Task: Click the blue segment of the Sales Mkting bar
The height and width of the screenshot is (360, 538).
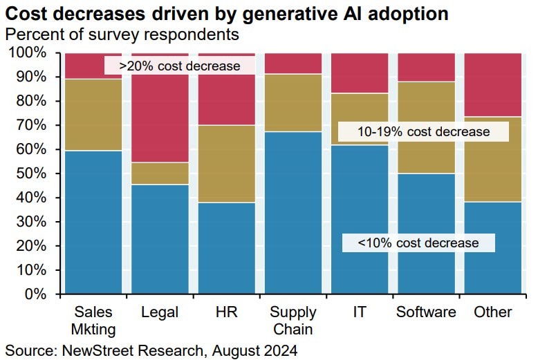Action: coord(93,221)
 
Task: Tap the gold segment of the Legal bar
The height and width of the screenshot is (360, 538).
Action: coord(160,173)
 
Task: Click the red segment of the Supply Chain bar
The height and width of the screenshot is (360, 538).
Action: coord(293,63)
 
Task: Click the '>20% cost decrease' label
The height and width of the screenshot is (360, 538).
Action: coord(179,66)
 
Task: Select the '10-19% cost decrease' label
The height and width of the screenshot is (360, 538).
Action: coord(423,131)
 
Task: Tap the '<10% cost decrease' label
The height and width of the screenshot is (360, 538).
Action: coord(418,243)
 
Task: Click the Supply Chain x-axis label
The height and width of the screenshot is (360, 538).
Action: coord(293,321)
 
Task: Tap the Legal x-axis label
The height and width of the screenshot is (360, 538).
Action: coord(160,312)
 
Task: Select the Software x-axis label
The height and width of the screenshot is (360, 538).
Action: coord(425,312)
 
